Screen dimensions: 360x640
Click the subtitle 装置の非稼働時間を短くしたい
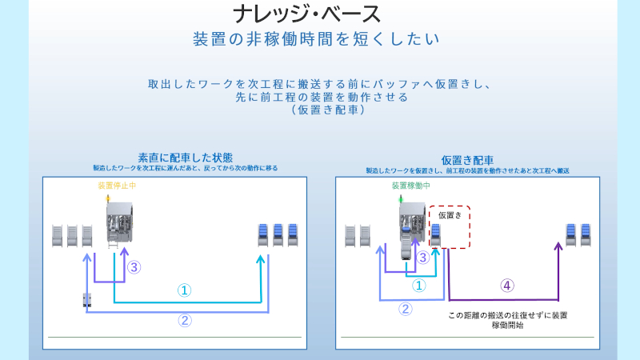click(317, 38)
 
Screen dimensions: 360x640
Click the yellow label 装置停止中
click(118, 186)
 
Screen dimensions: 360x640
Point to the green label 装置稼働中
click(410, 186)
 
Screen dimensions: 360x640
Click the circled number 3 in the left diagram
click(134, 267)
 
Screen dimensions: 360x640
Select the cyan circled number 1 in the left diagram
click(184, 290)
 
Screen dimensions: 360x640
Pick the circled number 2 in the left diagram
click(184, 321)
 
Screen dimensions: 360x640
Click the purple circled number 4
click(506, 285)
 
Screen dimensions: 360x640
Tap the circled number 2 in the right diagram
click(406, 309)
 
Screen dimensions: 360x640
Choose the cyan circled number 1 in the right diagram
click(418, 285)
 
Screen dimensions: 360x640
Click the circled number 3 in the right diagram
click(423, 258)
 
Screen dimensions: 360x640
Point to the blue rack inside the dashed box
click(436, 234)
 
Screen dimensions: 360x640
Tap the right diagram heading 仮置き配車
click(467, 160)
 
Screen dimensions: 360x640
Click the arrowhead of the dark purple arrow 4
click(558, 246)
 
